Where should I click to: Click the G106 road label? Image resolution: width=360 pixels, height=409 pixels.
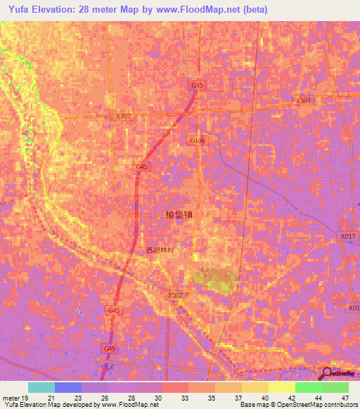coord(198,141)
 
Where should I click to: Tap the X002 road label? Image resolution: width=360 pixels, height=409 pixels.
coord(176,296)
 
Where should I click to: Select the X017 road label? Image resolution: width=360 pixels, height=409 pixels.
coord(347,237)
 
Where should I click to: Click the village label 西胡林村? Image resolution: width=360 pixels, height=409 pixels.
coord(160,250)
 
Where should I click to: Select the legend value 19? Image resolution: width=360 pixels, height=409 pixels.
coord(24,398)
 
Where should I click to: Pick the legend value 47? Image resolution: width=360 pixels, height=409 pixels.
coord(345,398)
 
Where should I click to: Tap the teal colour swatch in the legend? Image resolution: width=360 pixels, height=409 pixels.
coord(41,387)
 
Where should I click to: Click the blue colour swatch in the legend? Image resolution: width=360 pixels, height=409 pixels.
coord(68,387)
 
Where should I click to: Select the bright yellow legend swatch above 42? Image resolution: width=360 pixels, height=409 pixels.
coord(281,387)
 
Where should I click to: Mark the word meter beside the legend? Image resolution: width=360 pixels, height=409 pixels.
coord(10,398)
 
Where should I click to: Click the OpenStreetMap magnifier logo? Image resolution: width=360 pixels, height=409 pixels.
coord(328,372)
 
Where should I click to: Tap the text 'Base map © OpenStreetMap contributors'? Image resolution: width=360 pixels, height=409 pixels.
coord(297,405)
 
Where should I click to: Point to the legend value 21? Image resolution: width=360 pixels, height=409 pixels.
coord(51,398)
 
